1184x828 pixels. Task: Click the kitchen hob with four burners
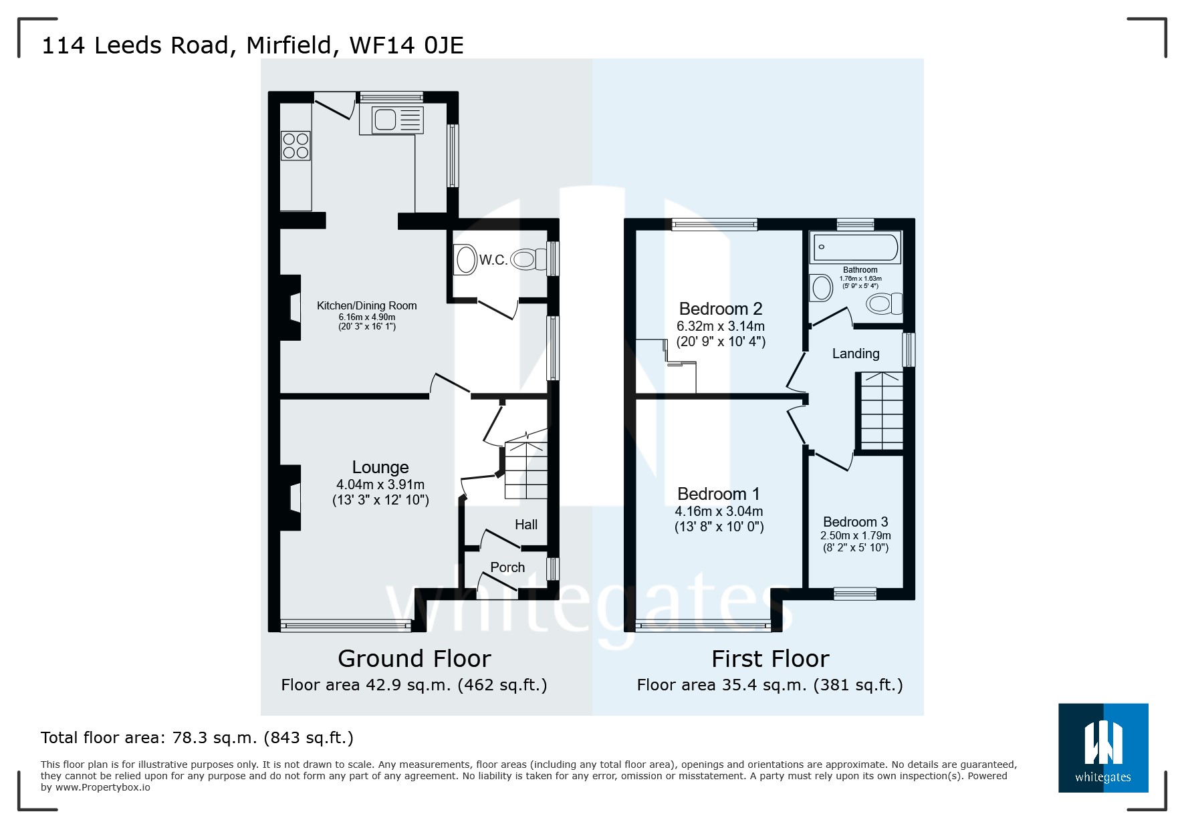click(296, 146)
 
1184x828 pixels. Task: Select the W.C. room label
click(493, 260)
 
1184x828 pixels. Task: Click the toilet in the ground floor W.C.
click(527, 259)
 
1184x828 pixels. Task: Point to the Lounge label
click(380, 467)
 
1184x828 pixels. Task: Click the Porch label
click(507, 567)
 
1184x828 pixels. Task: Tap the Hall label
click(526, 525)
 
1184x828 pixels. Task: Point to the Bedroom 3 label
click(855, 522)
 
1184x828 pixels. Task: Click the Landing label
click(856, 354)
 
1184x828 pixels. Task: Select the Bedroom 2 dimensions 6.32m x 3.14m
click(720, 326)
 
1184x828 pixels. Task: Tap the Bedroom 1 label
click(718, 494)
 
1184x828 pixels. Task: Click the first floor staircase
click(881, 411)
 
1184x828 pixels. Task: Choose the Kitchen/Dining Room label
click(366, 305)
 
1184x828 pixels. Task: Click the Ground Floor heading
click(414, 659)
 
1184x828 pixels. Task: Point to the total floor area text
click(197, 738)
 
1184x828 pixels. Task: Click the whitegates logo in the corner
click(1102, 747)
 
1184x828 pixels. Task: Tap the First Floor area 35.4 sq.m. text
click(769, 685)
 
